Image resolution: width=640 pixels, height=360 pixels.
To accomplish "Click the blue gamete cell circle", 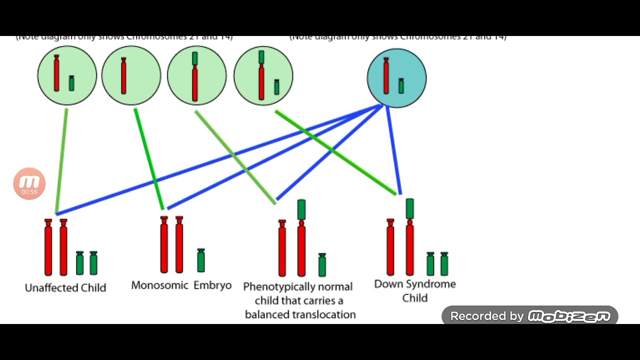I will coord(396,77).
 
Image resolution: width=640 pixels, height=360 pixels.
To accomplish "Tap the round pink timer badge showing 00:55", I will coord(29,184).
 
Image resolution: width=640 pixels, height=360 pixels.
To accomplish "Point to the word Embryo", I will coord(212,285).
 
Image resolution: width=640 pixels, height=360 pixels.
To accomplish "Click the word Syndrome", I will coord(430,284).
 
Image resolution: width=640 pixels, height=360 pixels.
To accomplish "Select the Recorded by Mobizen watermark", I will coord(529,316).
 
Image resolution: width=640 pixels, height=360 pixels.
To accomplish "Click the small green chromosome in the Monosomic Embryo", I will coord(200,260).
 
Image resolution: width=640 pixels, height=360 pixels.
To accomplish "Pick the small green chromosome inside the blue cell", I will coord(401,85).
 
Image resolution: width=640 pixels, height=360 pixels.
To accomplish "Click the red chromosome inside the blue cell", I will coord(386,76).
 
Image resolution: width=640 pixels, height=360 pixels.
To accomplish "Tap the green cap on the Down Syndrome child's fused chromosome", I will coord(409,208).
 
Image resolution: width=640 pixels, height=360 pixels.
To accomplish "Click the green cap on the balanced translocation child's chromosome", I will coord(301,209).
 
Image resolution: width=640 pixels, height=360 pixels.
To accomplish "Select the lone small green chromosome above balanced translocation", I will coord(322,265).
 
